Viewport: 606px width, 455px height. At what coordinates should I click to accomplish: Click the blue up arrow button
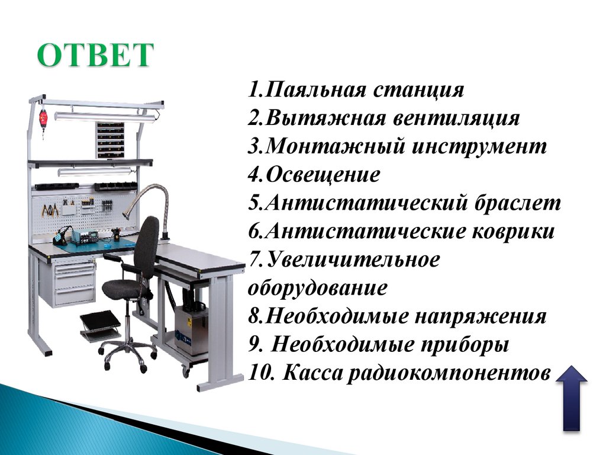pyautogui.click(x=572, y=398)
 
